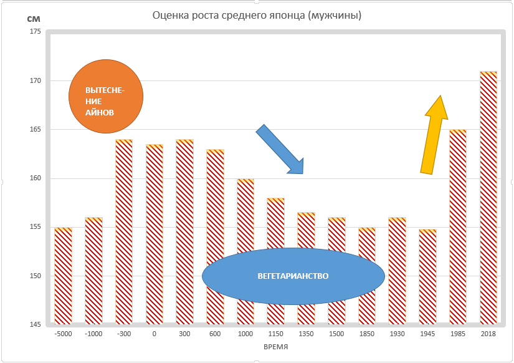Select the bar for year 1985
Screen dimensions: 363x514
(457, 227)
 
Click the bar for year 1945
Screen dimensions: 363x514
(427, 277)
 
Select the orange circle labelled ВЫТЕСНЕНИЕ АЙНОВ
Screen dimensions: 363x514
(106, 97)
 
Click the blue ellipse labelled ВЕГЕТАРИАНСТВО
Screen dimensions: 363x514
(293, 276)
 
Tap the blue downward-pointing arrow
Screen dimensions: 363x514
(280, 149)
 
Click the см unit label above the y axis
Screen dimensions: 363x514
(34, 18)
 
